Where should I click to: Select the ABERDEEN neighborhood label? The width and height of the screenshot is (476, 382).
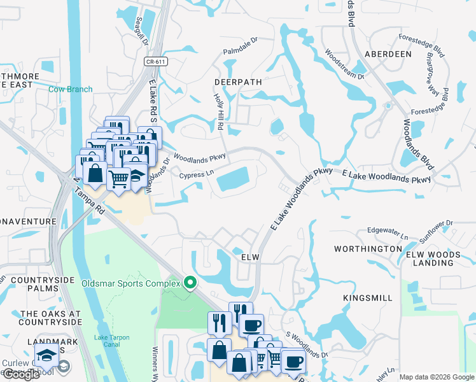click(x=387, y=54)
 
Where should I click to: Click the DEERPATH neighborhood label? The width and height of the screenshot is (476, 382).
click(x=238, y=83)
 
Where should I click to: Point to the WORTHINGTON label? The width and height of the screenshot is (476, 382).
click(x=372, y=248)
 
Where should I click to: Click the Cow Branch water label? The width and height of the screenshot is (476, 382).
click(x=70, y=90)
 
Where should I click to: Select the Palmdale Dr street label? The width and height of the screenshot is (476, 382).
click(x=240, y=45)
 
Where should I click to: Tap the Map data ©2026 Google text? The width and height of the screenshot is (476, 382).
click(x=436, y=377)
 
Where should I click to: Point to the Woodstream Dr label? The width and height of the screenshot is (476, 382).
click(x=344, y=64)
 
